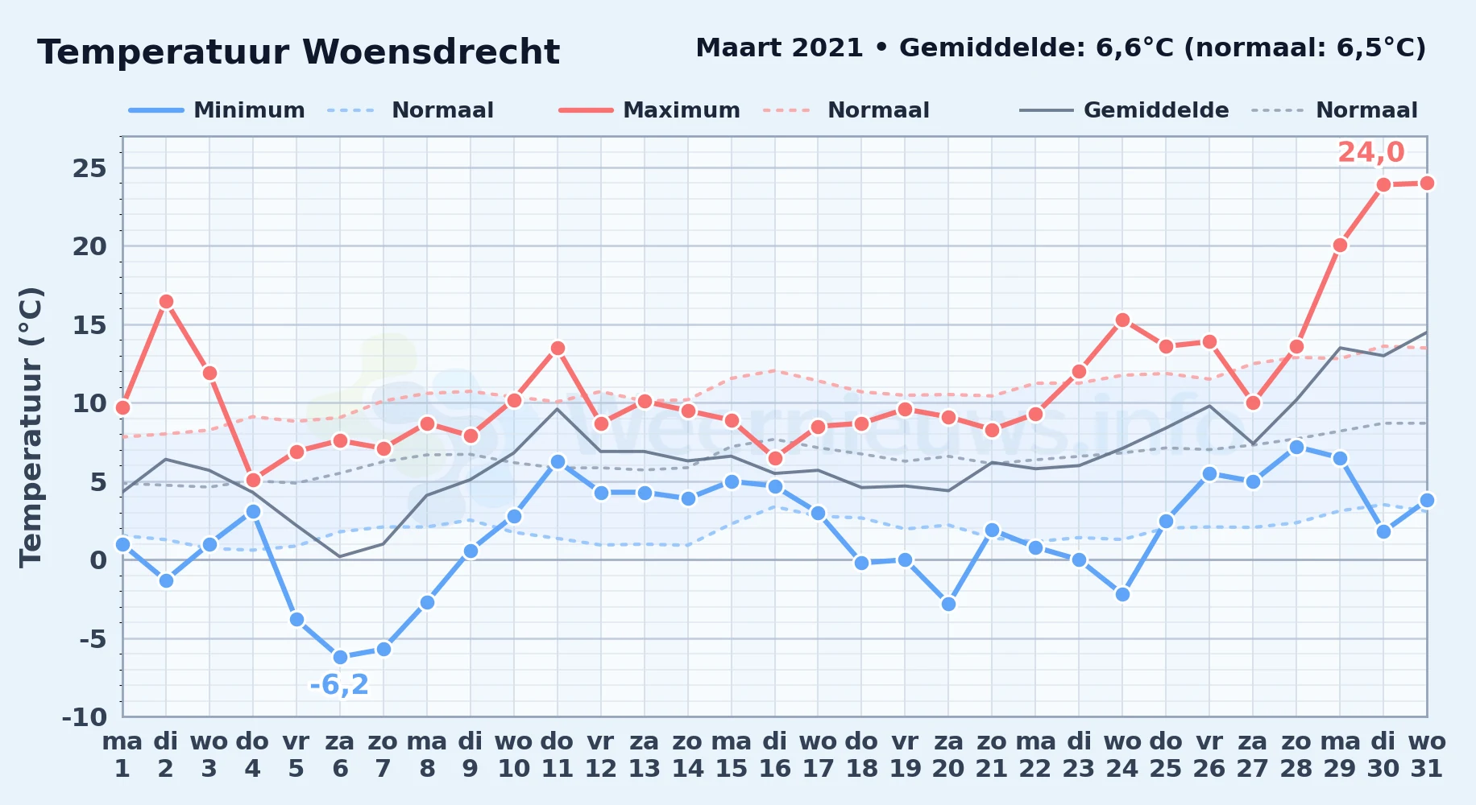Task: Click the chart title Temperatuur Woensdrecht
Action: pos(298,52)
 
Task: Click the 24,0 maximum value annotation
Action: pos(1370,152)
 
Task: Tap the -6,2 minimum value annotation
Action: pos(339,685)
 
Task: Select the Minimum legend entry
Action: pos(218,110)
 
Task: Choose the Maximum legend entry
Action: pos(650,110)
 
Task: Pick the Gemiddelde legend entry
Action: pos(1125,110)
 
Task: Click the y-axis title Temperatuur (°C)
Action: pos(31,427)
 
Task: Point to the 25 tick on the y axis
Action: pos(89,168)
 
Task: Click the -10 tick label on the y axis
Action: pos(85,716)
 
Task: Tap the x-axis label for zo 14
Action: pos(687,754)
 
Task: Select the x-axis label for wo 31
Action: pos(1426,754)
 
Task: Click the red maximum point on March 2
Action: pos(166,302)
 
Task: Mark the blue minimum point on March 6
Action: pos(340,657)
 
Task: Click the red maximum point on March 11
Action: pos(558,349)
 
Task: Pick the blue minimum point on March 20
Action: pos(948,604)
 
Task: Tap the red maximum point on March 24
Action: pos(1122,320)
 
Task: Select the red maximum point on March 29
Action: pos(1340,245)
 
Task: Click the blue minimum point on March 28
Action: pos(1296,447)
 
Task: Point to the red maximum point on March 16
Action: pos(775,458)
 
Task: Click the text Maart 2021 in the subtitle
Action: pos(779,48)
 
